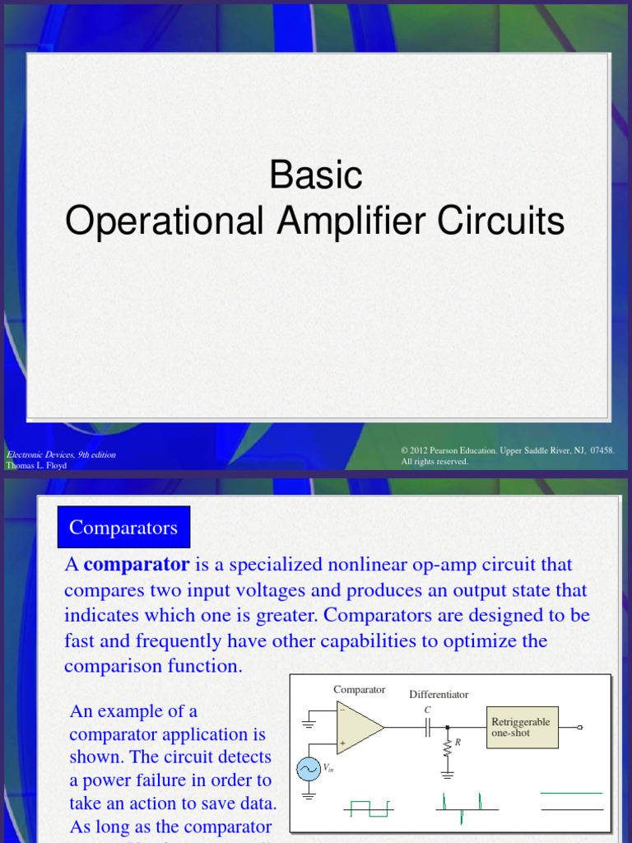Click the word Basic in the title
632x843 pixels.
pyautogui.click(x=316, y=175)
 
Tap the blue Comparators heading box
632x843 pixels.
pyautogui.click(x=123, y=527)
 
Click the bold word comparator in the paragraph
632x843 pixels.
pyautogui.click(x=137, y=565)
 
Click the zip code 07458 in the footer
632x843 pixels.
pyautogui.click(x=602, y=450)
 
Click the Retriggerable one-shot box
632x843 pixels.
pyautogui.click(x=522, y=727)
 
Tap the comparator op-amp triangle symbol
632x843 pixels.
pyautogui.click(x=359, y=727)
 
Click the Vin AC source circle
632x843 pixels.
pyautogui.click(x=309, y=769)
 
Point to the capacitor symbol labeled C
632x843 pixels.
pyautogui.click(x=428, y=727)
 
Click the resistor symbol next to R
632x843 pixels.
pyautogui.click(x=448, y=748)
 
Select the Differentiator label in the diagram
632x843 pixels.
pyautogui.click(x=439, y=694)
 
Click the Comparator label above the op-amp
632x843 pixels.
pyautogui.click(x=359, y=690)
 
